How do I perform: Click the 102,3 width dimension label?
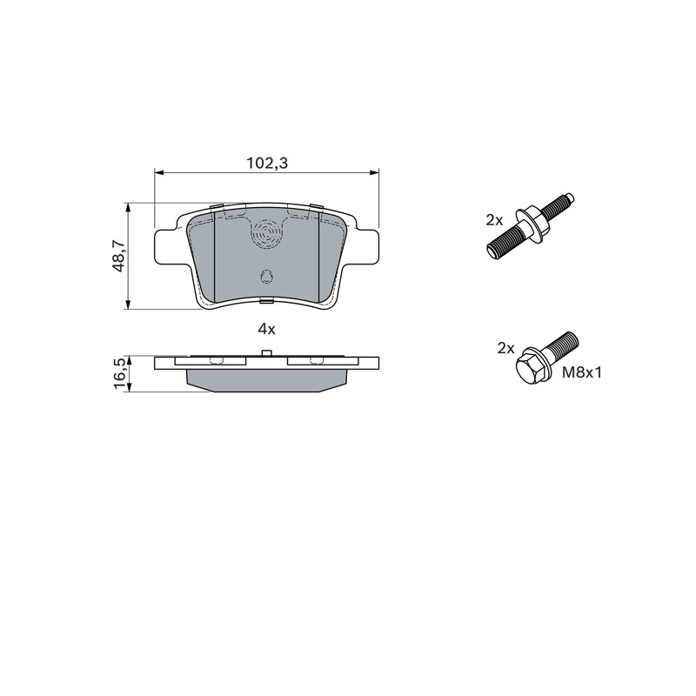point(267,164)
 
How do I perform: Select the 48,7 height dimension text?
point(118,256)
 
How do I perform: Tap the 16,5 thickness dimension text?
point(120,374)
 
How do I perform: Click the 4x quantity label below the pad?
point(267,329)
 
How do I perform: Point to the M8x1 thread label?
point(581,372)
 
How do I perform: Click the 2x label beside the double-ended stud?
point(494,219)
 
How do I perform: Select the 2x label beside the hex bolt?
point(505,348)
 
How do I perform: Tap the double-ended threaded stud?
point(531,226)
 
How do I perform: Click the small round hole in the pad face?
point(266,277)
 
